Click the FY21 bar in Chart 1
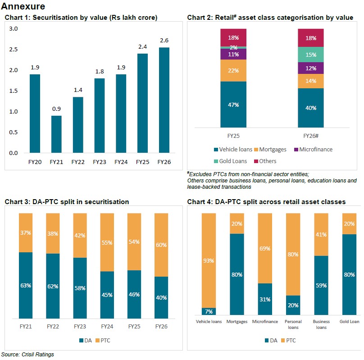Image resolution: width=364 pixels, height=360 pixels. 56,134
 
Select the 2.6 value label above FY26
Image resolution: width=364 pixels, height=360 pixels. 164,41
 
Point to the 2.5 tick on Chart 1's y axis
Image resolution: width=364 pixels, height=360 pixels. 14,49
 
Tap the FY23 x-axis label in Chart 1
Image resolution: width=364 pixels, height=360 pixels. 100,162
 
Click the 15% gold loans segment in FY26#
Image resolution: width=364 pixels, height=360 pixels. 311,55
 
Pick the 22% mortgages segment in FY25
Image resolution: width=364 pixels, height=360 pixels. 233,71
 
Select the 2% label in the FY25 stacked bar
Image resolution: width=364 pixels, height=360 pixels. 233,47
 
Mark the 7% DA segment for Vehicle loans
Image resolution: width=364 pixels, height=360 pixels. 209,311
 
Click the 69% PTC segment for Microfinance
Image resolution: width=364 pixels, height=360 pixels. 264,248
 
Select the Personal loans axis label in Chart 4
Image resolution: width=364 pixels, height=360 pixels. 293,324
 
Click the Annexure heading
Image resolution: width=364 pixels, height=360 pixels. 23,7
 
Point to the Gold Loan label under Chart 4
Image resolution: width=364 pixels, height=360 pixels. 349,322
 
